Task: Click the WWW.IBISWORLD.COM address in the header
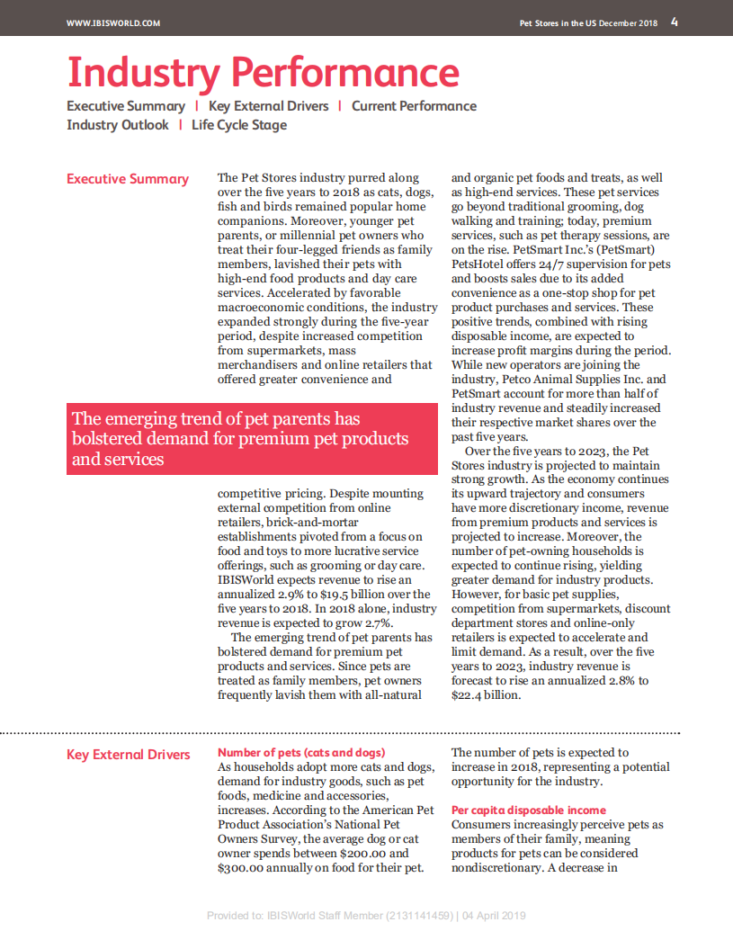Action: click(113, 23)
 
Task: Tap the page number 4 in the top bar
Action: click(675, 22)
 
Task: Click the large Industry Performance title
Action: click(264, 72)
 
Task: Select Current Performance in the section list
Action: click(414, 106)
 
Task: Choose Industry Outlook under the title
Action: click(118, 125)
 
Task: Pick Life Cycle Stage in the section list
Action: click(239, 125)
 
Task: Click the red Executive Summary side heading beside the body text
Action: click(128, 179)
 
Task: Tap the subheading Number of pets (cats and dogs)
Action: click(301, 752)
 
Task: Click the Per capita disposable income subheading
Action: click(529, 810)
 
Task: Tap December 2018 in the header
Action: click(629, 23)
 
